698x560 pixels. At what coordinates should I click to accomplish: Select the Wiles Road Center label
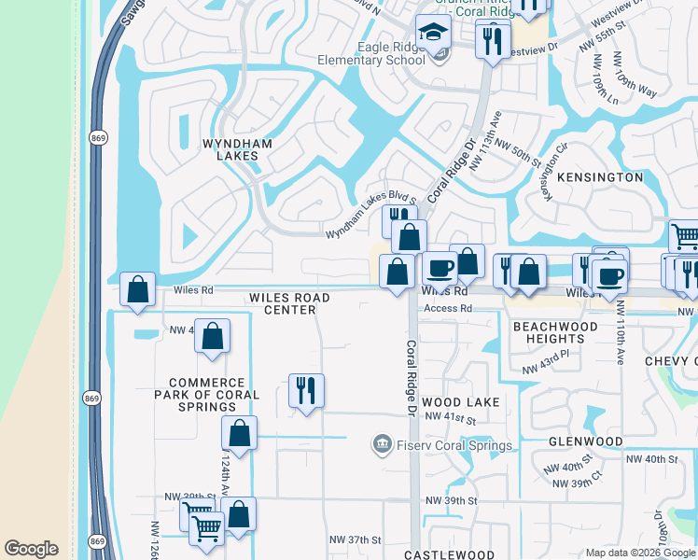pos(289,303)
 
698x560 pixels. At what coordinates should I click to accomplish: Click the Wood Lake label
pos(461,401)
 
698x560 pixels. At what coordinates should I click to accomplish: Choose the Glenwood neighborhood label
pos(585,441)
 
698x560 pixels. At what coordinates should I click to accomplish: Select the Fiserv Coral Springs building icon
pos(381,445)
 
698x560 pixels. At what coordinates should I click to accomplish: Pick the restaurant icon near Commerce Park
pos(305,390)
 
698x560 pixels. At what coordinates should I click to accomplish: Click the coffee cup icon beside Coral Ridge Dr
pos(440,268)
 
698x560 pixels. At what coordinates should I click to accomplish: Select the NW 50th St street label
pos(518,153)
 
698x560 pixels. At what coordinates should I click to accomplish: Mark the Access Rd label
pos(448,308)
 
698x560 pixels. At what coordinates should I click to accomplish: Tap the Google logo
pos(31,549)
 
